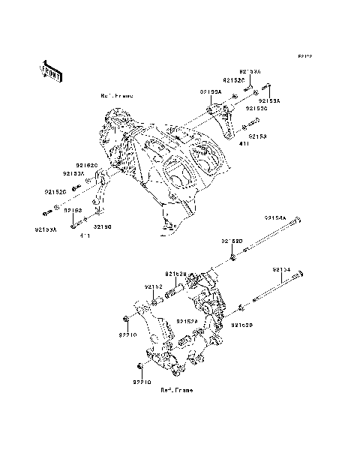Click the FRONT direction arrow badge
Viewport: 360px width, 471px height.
pos(51,70)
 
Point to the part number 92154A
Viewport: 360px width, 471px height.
pos(274,217)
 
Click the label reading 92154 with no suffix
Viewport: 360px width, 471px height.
pos(281,269)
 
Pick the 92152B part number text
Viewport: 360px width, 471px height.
pos(176,274)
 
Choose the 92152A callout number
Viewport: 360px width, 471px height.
pos(187,321)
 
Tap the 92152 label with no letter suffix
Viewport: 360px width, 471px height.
pos(154,286)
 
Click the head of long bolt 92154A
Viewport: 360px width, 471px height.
pos(299,220)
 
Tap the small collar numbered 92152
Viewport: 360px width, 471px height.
pos(155,301)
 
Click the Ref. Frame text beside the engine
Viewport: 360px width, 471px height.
pos(116,96)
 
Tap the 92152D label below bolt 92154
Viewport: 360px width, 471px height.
pos(241,325)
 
